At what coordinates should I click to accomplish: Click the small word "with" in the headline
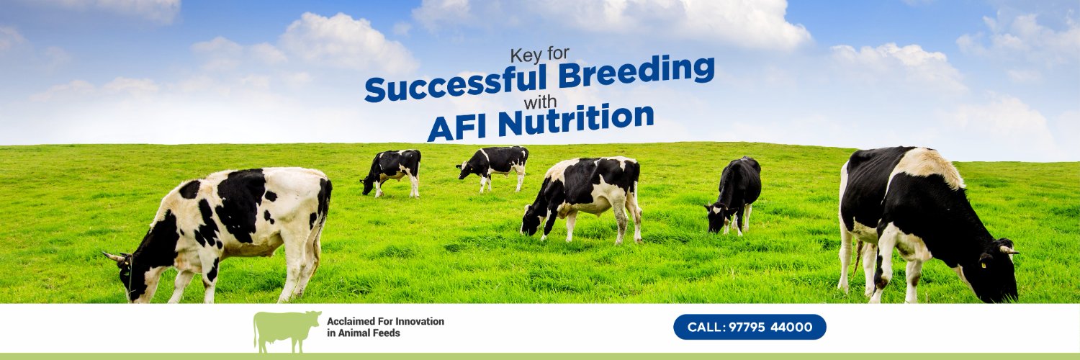click(x=540, y=100)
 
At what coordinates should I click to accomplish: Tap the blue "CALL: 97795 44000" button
click(x=750, y=327)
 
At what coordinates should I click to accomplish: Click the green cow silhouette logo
click(x=287, y=330)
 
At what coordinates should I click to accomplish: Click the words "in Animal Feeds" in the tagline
click(x=363, y=333)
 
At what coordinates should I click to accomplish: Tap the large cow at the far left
click(x=230, y=223)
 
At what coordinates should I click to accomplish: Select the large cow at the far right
click(x=922, y=216)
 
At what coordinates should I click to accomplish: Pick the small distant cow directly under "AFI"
click(x=392, y=171)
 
